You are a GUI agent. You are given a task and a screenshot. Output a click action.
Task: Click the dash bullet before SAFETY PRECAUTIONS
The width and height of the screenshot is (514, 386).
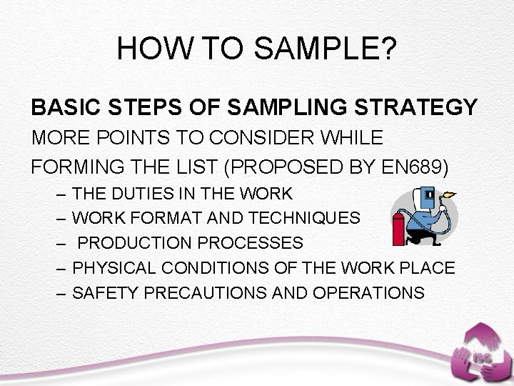click(61, 293)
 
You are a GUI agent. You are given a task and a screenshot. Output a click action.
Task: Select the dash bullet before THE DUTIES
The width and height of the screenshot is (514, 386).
click(61, 193)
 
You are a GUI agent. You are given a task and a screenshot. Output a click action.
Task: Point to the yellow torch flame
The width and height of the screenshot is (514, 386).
click(450, 193)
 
